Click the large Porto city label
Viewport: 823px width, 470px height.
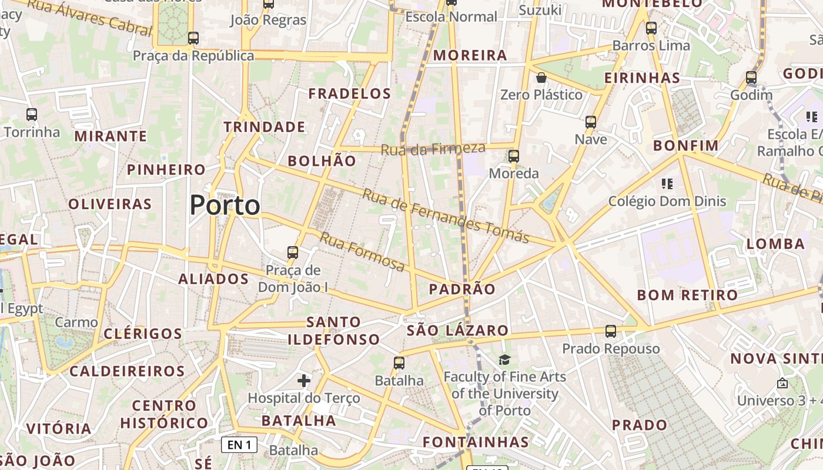pos(225,205)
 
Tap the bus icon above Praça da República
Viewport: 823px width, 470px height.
pos(193,38)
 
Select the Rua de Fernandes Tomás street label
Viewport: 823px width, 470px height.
pos(445,216)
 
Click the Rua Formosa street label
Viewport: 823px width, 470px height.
pos(362,252)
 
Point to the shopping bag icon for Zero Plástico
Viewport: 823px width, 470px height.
pos(541,78)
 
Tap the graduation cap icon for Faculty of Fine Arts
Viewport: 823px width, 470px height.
pos(504,360)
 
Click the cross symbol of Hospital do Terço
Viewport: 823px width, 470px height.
pos(303,381)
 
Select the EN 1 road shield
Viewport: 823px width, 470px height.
pos(239,445)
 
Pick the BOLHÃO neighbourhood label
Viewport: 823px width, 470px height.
pos(322,161)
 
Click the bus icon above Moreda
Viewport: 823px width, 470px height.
pos(514,156)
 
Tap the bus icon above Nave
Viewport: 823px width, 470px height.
pos(591,122)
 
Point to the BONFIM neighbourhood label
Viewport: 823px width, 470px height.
pos(686,145)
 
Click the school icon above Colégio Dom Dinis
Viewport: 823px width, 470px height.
pos(667,184)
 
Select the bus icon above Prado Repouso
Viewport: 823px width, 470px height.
pos(611,331)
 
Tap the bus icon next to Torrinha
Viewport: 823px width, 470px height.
pos(32,115)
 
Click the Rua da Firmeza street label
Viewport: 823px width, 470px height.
pos(433,149)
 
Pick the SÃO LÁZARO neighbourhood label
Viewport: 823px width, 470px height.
pos(457,330)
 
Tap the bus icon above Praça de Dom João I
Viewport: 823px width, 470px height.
pos(293,253)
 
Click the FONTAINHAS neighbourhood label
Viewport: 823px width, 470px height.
pos(476,442)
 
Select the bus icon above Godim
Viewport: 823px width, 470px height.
pos(751,78)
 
